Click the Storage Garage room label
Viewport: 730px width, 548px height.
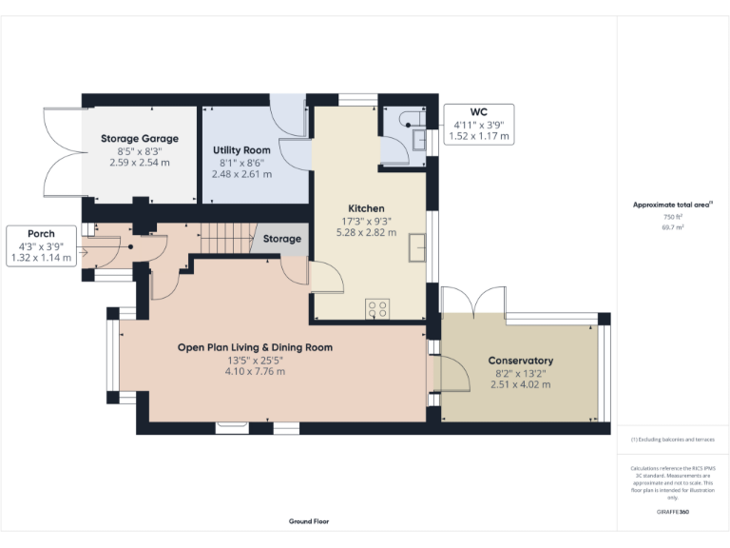point(140,139)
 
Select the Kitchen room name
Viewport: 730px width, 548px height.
point(366,208)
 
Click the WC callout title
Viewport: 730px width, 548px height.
point(479,112)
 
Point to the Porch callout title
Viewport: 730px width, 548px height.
point(41,234)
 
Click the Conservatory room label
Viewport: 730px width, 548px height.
point(520,361)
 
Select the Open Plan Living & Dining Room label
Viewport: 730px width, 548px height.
point(255,347)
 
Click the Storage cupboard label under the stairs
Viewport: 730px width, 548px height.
point(282,239)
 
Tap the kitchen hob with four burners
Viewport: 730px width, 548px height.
point(377,307)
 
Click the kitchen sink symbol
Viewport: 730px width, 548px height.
point(416,246)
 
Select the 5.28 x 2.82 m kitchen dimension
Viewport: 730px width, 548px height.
point(366,232)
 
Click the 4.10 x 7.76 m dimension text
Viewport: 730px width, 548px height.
point(255,371)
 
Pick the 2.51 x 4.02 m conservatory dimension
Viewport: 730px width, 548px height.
point(520,384)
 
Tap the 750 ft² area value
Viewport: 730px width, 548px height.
point(672,217)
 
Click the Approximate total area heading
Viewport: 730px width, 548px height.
point(671,205)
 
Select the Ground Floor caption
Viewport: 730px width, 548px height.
point(309,521)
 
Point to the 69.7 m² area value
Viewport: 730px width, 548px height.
point(672,228)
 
